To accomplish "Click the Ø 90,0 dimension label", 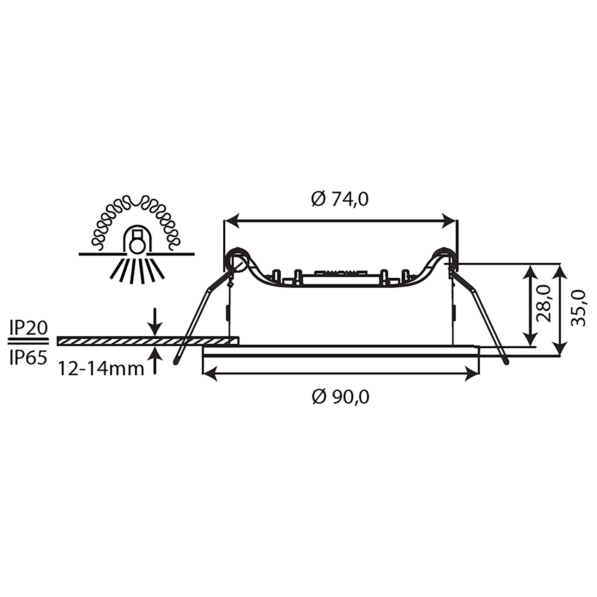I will [340, 397].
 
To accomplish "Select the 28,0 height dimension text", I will [543, 304].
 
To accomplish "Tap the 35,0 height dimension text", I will [578, 308].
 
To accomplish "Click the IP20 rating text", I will [28, 329].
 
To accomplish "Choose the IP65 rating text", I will [28, 357].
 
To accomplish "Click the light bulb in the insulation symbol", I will [136, 245].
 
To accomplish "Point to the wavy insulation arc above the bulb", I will [136, 203].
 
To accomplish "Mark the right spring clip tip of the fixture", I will [506, 362].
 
